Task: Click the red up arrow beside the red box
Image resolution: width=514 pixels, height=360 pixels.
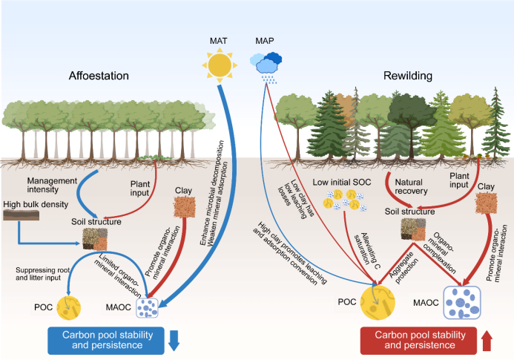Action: coord(487,341)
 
